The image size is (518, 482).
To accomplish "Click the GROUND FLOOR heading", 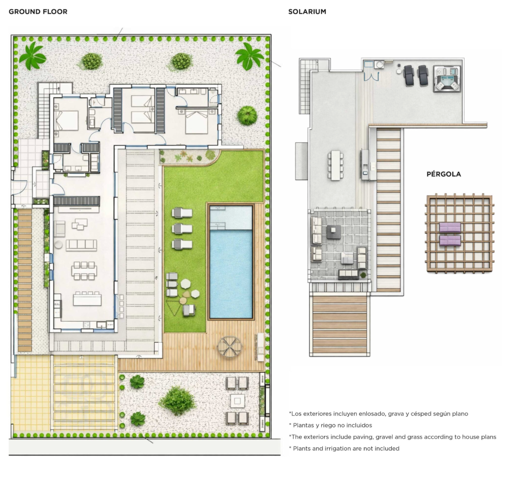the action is click(x=38, y=12).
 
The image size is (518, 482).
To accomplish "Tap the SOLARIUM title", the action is click(x=307, y=12).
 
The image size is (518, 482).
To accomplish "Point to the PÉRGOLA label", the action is click(x=444, y=174).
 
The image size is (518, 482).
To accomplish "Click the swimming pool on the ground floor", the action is click(x=231, y=262).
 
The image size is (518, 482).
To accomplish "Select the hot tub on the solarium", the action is click(x=447, y=79).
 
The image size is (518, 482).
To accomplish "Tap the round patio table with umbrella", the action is click(x=230, y=347).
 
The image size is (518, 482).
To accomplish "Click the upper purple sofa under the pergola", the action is click(x=450, y=227).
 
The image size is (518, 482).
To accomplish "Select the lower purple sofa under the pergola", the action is click(x=450, y=241).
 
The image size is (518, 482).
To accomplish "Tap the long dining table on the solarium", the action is click(x=336, y=165).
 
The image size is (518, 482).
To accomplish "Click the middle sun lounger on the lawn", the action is click(x=182, y=229).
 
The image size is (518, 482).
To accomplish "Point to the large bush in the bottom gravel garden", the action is click(x=177, y=401).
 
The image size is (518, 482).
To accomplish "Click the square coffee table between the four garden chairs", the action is click(x=237, y=401).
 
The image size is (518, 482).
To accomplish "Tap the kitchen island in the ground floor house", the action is click(x=87, y=300).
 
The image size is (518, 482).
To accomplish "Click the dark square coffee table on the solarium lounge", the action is click(x=334, y=231).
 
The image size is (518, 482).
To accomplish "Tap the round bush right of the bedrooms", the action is click(x=247, y=115).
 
